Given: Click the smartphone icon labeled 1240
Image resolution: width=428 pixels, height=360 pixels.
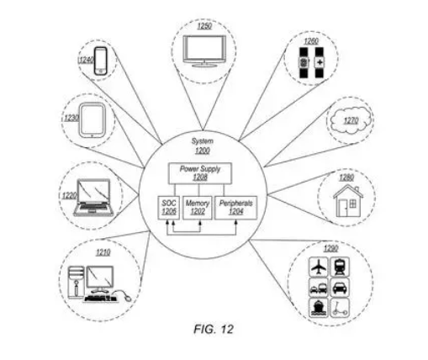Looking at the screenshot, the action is pyautogui.click(x=100, y=61).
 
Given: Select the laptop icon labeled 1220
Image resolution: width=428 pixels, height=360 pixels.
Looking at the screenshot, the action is pyautogui.click(x=93, y=198).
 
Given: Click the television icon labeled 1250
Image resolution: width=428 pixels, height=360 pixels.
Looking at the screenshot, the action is pyautogui.click(x=204, y=50).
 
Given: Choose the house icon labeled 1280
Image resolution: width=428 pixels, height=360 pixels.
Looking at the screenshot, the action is pyautogui.click(x=348, y=200).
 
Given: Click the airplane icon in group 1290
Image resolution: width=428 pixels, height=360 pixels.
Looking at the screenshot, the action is pyautogui.click(x=319, y=267).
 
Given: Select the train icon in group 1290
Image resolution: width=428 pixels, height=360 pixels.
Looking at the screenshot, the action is pyautogui.click(x=340, y=267).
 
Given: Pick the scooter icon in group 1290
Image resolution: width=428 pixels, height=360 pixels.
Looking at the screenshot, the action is pyautogui.click(x=340, y=308).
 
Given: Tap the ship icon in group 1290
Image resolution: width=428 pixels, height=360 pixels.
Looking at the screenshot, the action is pyautogui.click(x=319, y=308).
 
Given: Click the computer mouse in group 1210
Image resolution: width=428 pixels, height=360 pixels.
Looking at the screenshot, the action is pyautogui.click(x=128, y=298).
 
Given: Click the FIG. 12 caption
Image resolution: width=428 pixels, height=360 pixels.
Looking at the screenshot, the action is pyautogui.click(x=214, y=329).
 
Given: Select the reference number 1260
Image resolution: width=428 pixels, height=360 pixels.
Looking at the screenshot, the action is pyautogui.click(x=311, y=41).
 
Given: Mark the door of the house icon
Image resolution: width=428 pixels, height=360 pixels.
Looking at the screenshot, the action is pyautogui.click(x=342, y=208).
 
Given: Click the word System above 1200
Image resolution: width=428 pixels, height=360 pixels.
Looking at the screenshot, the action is pyautogui.click(x=202, y=141).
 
